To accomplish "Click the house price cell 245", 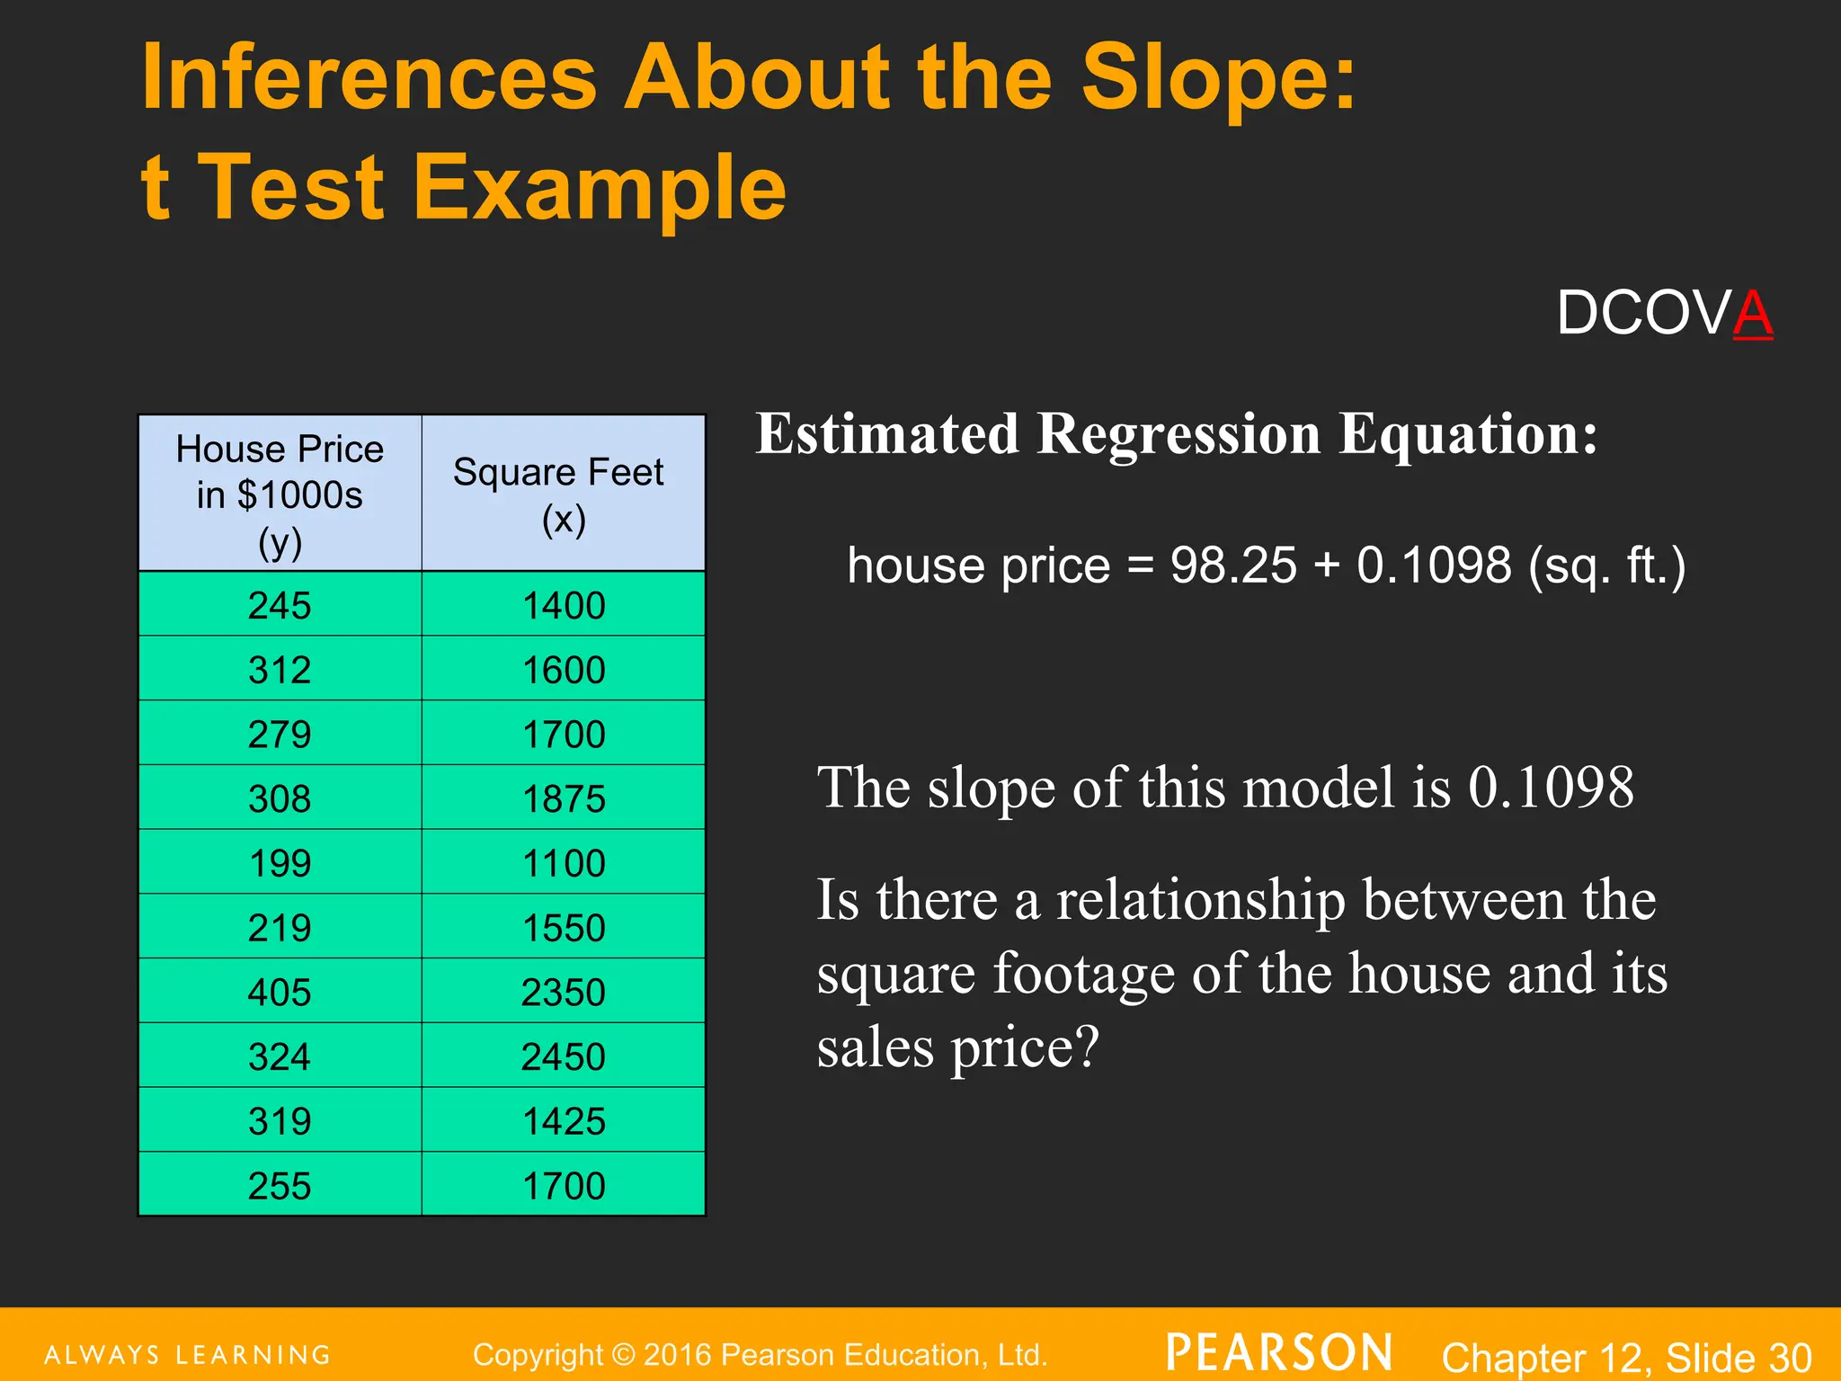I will pos(280,605).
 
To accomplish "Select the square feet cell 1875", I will pos(564,798).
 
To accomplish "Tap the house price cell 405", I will pos(280,992).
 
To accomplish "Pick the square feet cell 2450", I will pos(564,1056).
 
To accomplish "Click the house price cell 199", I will pos(280,863).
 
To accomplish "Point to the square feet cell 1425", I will pos(564,1121).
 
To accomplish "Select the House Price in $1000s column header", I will pos(280,494).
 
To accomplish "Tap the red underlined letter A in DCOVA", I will pos(1752,314).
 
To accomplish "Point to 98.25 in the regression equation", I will pos(1233,566).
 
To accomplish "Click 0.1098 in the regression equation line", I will pos(1434,566).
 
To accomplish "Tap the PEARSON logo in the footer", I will pos(1279,1353).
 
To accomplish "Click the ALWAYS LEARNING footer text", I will pos(188,1355).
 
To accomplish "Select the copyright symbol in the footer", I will pos(623,1355).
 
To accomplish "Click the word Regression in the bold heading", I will pos(1178,434).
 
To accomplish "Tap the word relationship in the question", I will pos(1201,899).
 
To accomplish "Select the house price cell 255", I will pos(280,1186).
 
